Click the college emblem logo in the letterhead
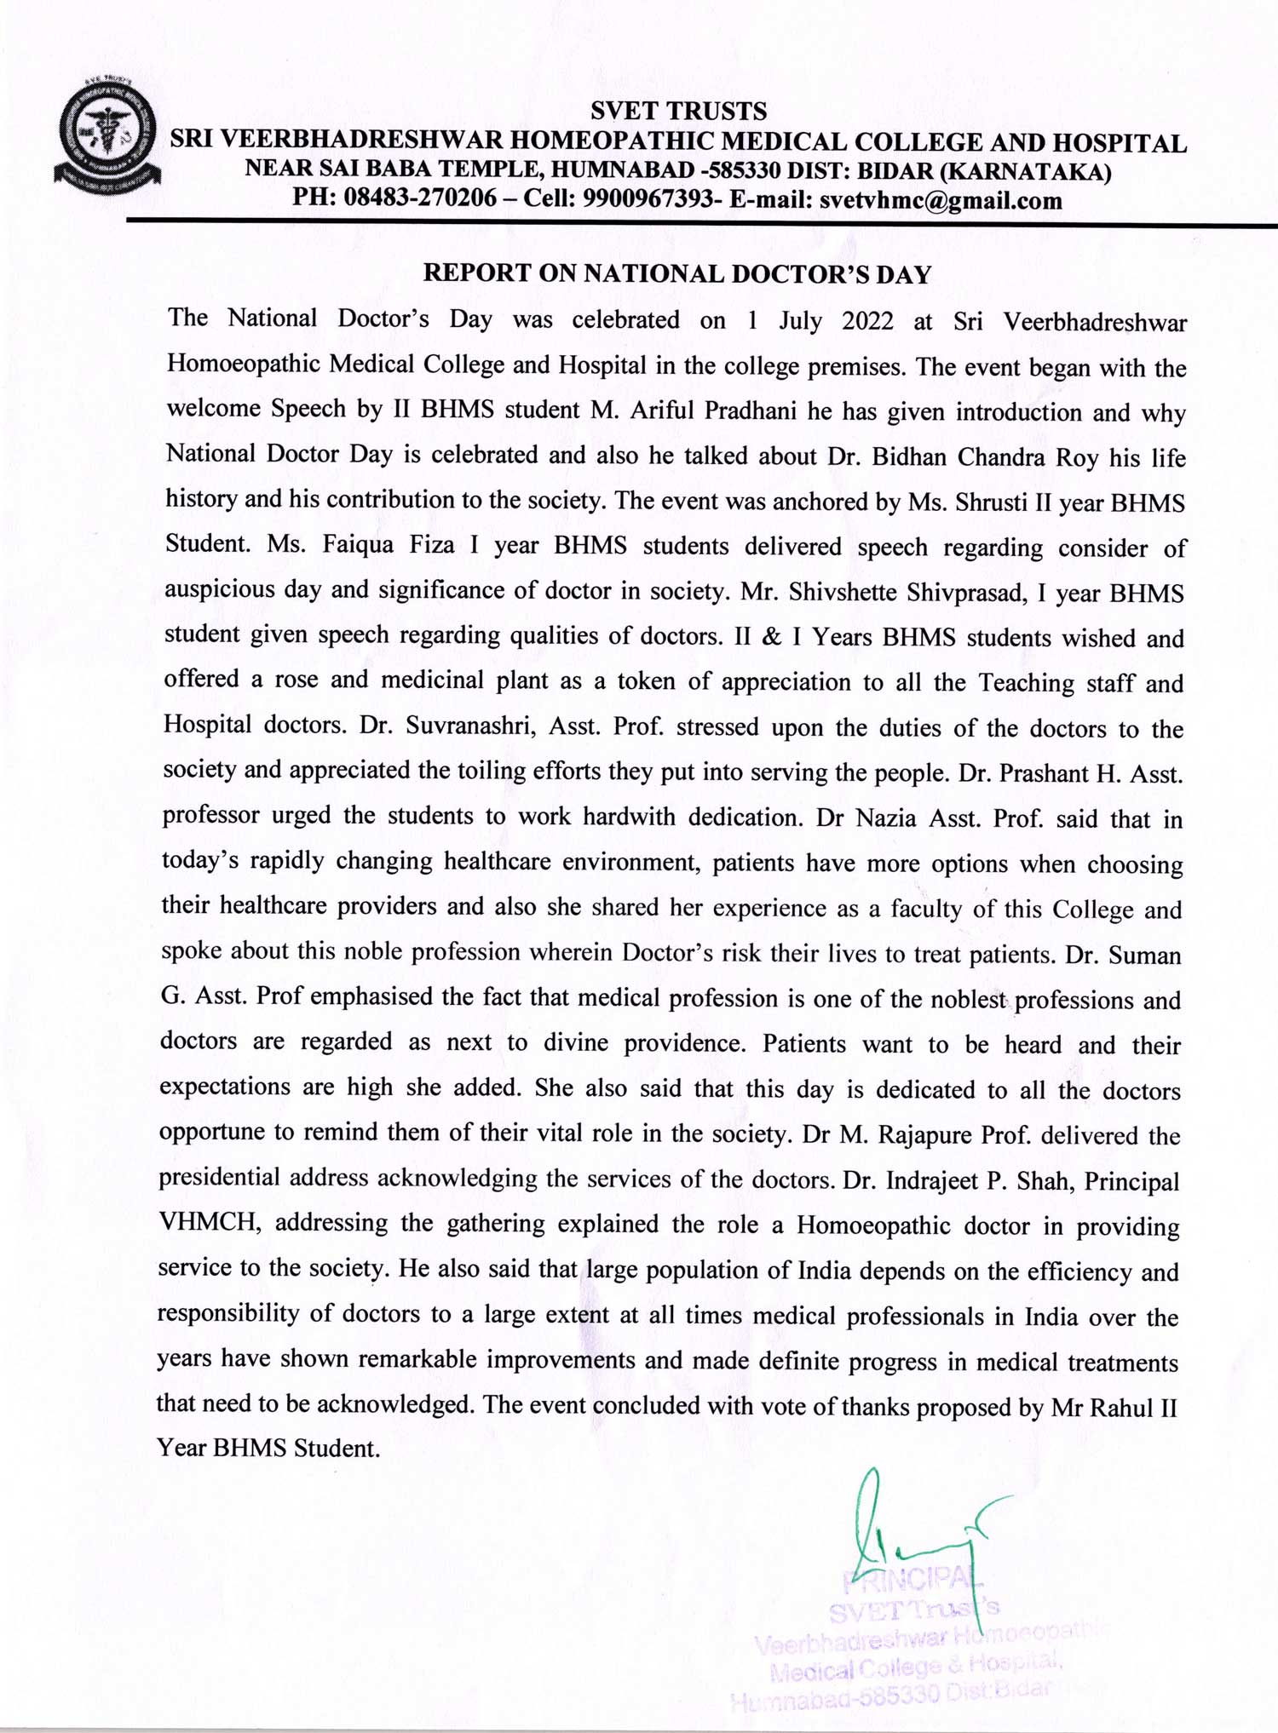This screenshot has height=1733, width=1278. pyautogui.click(x=108, y=134)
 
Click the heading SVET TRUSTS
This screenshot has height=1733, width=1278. pyautogui.click(x=678, y=112)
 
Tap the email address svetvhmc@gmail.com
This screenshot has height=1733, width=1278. pyautogui.click(x=941, y=201)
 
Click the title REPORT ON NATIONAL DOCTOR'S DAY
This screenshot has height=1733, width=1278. pyautogui.click(x=677, y=273)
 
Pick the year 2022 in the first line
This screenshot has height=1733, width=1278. pyautogui.click(x=867, y=321)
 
